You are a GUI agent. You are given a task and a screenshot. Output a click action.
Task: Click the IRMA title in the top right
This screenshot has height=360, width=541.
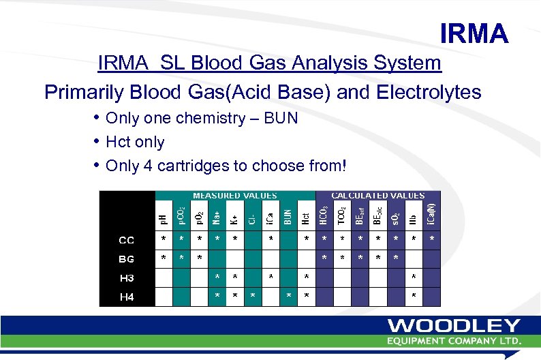point(474,33)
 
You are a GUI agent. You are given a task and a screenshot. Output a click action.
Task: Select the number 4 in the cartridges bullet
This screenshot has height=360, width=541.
point(154,166)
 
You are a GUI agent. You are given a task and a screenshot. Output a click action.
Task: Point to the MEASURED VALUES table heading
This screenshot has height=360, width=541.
point(226,196)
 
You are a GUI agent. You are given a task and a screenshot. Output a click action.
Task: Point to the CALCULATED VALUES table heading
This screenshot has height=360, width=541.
point(377,196)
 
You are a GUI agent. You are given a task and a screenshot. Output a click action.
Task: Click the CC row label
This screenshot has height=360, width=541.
point(127,239)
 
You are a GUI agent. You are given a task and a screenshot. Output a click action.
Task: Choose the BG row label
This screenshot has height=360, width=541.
point(127,258)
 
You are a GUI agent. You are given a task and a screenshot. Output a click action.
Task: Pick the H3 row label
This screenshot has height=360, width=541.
point(127,278)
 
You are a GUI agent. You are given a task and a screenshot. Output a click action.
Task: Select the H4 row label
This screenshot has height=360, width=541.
point(127,297)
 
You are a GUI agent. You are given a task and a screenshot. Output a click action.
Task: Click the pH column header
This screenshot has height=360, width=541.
point(163,217)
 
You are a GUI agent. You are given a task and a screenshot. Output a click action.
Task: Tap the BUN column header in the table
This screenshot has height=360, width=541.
point(288,216)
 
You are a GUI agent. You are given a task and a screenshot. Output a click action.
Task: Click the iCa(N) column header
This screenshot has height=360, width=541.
point(431,212)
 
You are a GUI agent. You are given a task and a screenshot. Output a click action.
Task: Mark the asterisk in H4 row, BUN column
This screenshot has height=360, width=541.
point(289,296)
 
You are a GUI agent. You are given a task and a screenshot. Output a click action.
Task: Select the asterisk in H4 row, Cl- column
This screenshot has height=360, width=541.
point(253,296)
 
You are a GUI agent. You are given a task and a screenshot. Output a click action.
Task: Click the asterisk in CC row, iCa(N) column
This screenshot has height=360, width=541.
point(431,239)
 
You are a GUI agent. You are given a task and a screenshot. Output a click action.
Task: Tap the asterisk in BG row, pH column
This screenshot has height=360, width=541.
point(163,258)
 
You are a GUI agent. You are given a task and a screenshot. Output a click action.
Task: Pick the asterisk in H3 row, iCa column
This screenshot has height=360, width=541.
point(270,277)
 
